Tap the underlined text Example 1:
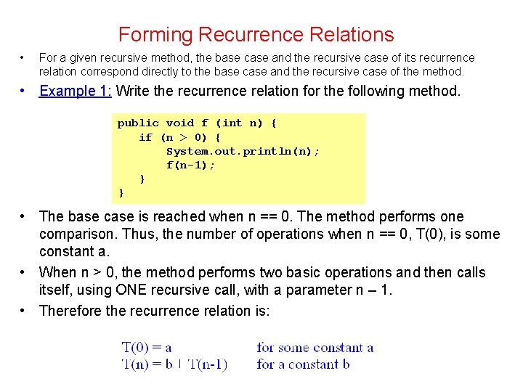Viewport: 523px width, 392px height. coord(76,91)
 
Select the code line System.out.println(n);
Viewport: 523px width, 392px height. coord(243,151)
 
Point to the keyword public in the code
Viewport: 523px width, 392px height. coord(138,123)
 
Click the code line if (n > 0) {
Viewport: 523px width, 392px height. coord(180,137)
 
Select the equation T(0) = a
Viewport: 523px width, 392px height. coord(146,347)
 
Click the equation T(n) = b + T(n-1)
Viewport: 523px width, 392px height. coord(174,364)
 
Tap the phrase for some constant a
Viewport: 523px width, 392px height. coord(315,347)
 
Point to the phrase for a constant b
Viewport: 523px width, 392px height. coord(303,364)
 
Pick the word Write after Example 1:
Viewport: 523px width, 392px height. coord(131,91)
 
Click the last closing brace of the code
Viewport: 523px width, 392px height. coord(121,192)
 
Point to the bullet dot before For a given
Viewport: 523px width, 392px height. coord(23,57)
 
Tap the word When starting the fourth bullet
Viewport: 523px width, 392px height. coord(57,272)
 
